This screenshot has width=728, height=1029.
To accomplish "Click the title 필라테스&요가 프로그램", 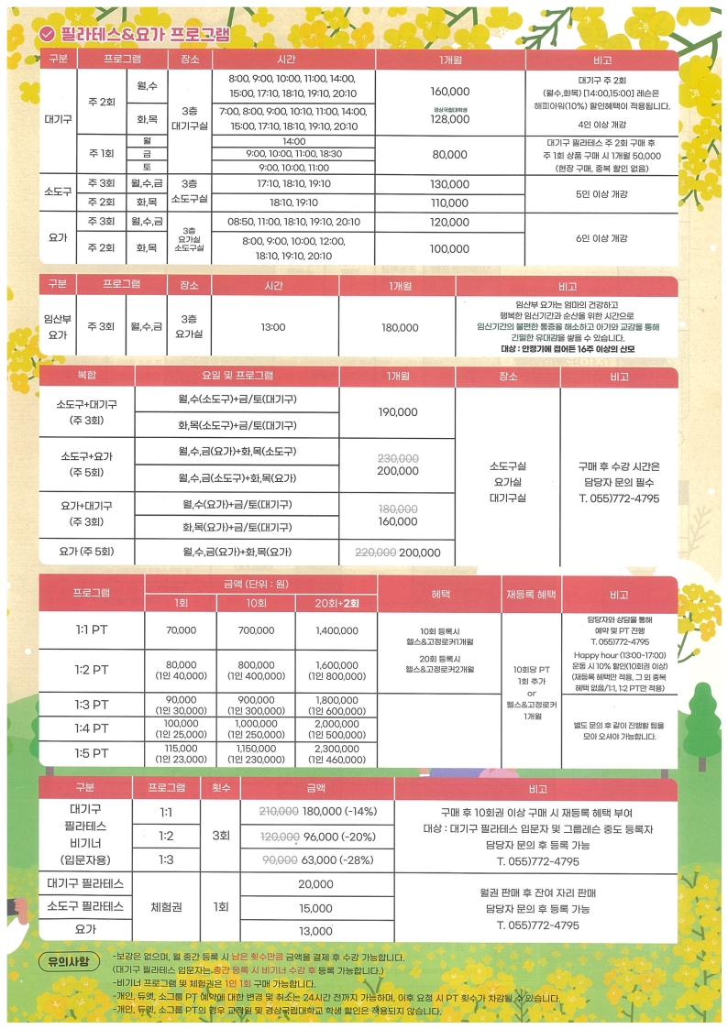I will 144,34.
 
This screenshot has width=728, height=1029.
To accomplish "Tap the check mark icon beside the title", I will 47,34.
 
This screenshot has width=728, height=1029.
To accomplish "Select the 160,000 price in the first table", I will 449,92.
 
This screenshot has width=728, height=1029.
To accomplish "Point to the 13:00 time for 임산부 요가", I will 273,326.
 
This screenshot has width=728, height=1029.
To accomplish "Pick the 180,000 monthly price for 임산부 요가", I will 399,327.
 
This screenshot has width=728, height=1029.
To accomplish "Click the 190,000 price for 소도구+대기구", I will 398,412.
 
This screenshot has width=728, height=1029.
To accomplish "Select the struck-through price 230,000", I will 398,457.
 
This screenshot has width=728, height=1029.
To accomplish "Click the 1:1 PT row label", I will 92,630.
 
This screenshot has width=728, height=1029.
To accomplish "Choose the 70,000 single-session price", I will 182,630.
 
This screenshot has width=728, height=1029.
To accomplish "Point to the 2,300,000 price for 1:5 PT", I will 336,748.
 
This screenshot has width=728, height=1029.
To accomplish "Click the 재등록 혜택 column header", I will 532,594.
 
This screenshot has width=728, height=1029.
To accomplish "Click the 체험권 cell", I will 166,907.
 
